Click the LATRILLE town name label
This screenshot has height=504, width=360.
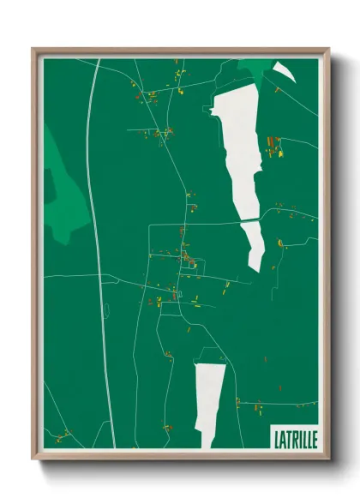tap(294, 437)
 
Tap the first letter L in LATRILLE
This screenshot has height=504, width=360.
tap(276, 437)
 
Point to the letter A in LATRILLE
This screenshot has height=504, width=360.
tap(282, 437)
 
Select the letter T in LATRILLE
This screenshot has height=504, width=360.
tap(288, 437)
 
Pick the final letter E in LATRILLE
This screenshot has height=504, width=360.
tap(314, 437)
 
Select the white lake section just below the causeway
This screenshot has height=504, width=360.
tap(255, 244)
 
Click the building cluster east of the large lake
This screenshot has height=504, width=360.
tap(276, 147)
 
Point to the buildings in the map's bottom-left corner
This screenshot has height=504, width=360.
tap(64, 433)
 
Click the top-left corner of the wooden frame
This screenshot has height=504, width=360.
tap(34, 50)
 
